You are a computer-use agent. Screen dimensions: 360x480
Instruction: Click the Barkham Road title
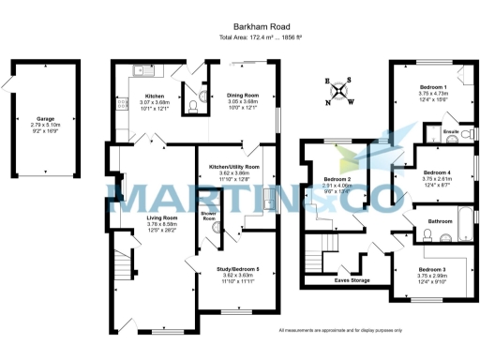(x=239, y=28)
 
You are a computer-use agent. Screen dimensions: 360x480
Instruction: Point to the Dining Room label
(x=242, y=96)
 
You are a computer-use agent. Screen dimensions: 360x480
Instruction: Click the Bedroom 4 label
(x=436, y=172)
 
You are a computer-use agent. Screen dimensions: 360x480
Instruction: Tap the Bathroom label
(x=439, y=221)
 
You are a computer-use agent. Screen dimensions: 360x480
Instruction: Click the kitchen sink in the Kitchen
(x=142, y=69)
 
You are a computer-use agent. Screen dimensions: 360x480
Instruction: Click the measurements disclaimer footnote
(x=340, y=330)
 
